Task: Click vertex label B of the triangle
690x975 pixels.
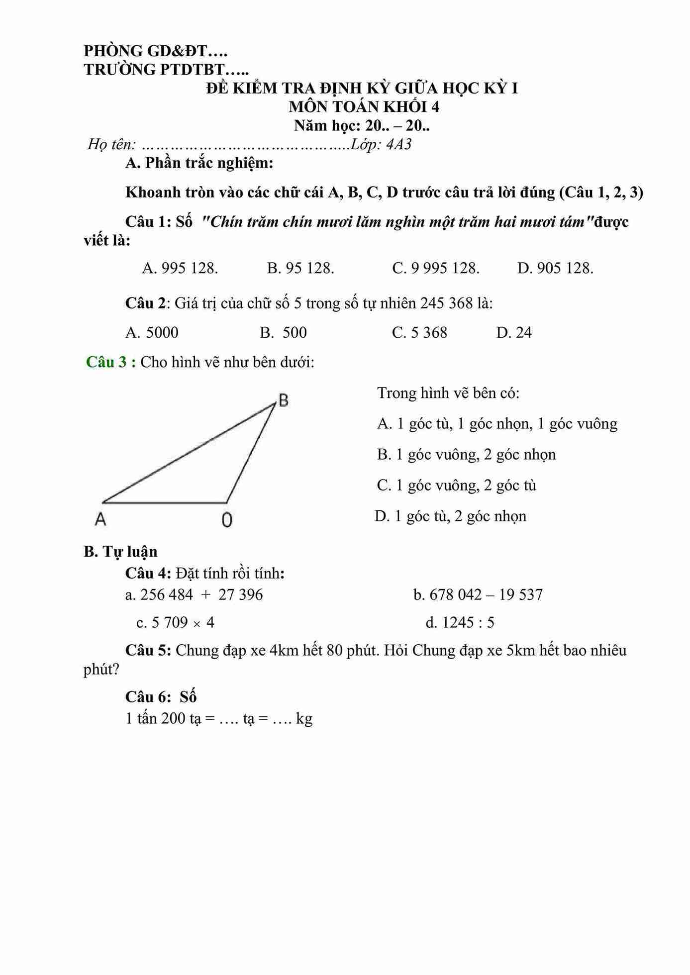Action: (283, 400)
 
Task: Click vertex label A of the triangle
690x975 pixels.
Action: (100, 519)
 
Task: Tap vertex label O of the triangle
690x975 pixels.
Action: (227, 520)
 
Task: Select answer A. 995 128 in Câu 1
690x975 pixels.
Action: (180, 269)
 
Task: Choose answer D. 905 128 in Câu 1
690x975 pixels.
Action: (555, 269)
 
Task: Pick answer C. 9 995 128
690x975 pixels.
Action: (436, 269)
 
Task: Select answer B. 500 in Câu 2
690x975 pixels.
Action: (283, 333)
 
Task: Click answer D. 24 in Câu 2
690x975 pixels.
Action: (514, 333)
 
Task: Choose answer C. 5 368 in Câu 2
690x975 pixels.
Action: (419, 333)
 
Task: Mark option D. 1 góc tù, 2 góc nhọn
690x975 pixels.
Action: (450, 516)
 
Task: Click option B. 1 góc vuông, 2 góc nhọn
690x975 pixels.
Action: (466, 455)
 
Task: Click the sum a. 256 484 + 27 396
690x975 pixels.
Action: (194, 595)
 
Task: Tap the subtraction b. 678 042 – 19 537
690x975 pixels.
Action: (478, 595)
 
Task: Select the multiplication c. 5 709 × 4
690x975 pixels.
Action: (175, 623)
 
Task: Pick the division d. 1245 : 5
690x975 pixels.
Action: (460, 623)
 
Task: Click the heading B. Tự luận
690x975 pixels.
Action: (120, 552)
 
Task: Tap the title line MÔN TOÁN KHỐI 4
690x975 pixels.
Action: (364, 107)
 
